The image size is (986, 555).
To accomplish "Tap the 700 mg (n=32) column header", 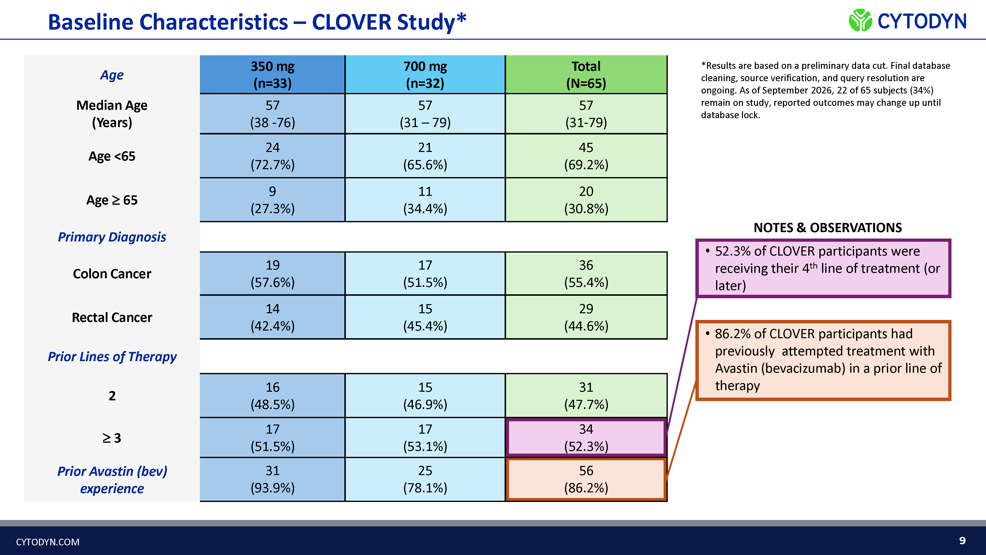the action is click(425, 75).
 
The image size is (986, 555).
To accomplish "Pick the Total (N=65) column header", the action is click(586, 75).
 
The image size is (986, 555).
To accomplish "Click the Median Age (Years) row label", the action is click(112, 114).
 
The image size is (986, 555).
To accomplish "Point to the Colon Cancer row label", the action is click(112, 274).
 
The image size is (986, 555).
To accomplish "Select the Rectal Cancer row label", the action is click(112, 317).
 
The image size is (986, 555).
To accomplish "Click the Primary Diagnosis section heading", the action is click(112, 237).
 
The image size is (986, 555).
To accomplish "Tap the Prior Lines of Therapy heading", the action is click(112, 357).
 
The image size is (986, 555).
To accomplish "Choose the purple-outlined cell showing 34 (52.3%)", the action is click(586, 437).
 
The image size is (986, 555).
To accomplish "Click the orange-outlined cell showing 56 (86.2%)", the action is click(586, 479).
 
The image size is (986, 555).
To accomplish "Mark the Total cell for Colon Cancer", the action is click(586, 274).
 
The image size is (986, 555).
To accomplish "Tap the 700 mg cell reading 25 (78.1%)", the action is click(425, 479).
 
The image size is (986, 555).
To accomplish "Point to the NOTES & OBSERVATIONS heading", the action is click(828, 228).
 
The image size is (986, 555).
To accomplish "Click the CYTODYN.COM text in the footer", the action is click(48, 542).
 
